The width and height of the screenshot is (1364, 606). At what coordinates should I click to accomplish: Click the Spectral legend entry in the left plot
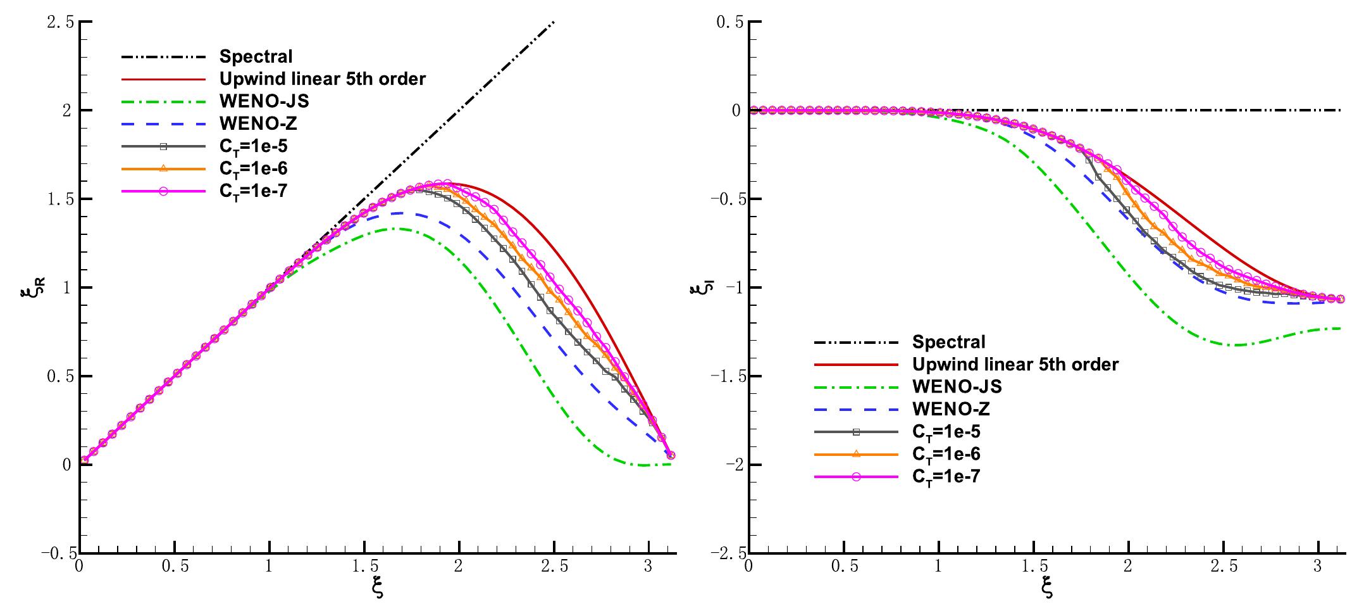256,56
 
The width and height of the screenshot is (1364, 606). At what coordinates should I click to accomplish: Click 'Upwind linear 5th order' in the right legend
1015,364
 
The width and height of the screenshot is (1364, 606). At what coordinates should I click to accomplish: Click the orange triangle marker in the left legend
163,168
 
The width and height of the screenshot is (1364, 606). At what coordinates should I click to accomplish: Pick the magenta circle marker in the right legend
855,476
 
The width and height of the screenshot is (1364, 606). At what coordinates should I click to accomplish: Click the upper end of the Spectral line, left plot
554,23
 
